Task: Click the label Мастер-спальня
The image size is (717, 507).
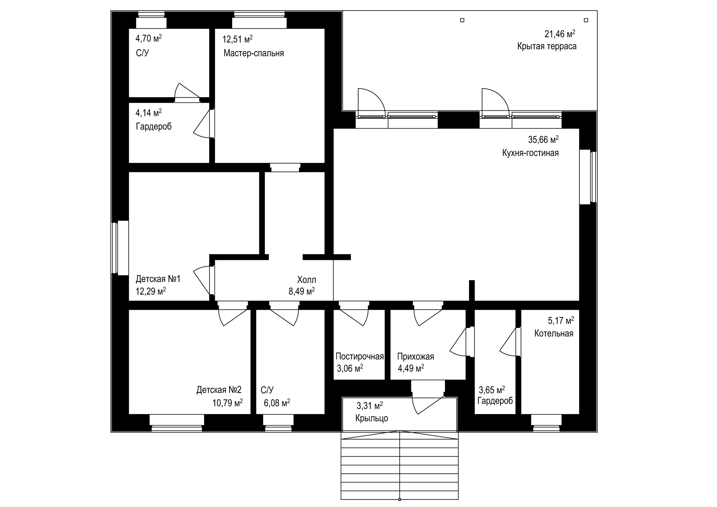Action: (253, 53)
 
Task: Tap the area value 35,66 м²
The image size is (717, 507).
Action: (543, 139)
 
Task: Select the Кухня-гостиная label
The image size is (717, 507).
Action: (530, 153)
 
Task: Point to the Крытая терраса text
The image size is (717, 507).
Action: (546, 46)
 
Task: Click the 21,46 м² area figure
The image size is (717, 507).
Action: (560, 33)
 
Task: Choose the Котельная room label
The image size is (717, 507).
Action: (554, 333)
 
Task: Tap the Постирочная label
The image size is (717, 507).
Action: (359, 356)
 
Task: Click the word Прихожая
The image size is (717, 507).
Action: (415, 356)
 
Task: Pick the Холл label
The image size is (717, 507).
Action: (306, 280)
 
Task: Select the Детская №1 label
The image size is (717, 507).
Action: (158, 279)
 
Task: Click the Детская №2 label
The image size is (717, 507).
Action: (219, 390)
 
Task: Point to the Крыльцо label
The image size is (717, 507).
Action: (371, 418)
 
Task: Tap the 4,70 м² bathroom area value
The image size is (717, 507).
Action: (148, 38)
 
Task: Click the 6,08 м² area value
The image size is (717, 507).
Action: (277, 403)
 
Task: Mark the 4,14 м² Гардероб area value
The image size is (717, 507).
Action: (148, 112)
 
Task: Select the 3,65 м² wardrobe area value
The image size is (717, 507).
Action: (492, 390)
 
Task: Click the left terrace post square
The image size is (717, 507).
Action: (462, 20)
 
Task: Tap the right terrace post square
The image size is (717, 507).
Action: (586, 20)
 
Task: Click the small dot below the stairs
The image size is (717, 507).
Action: (399, 499)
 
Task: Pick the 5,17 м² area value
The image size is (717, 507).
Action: (561, 320)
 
